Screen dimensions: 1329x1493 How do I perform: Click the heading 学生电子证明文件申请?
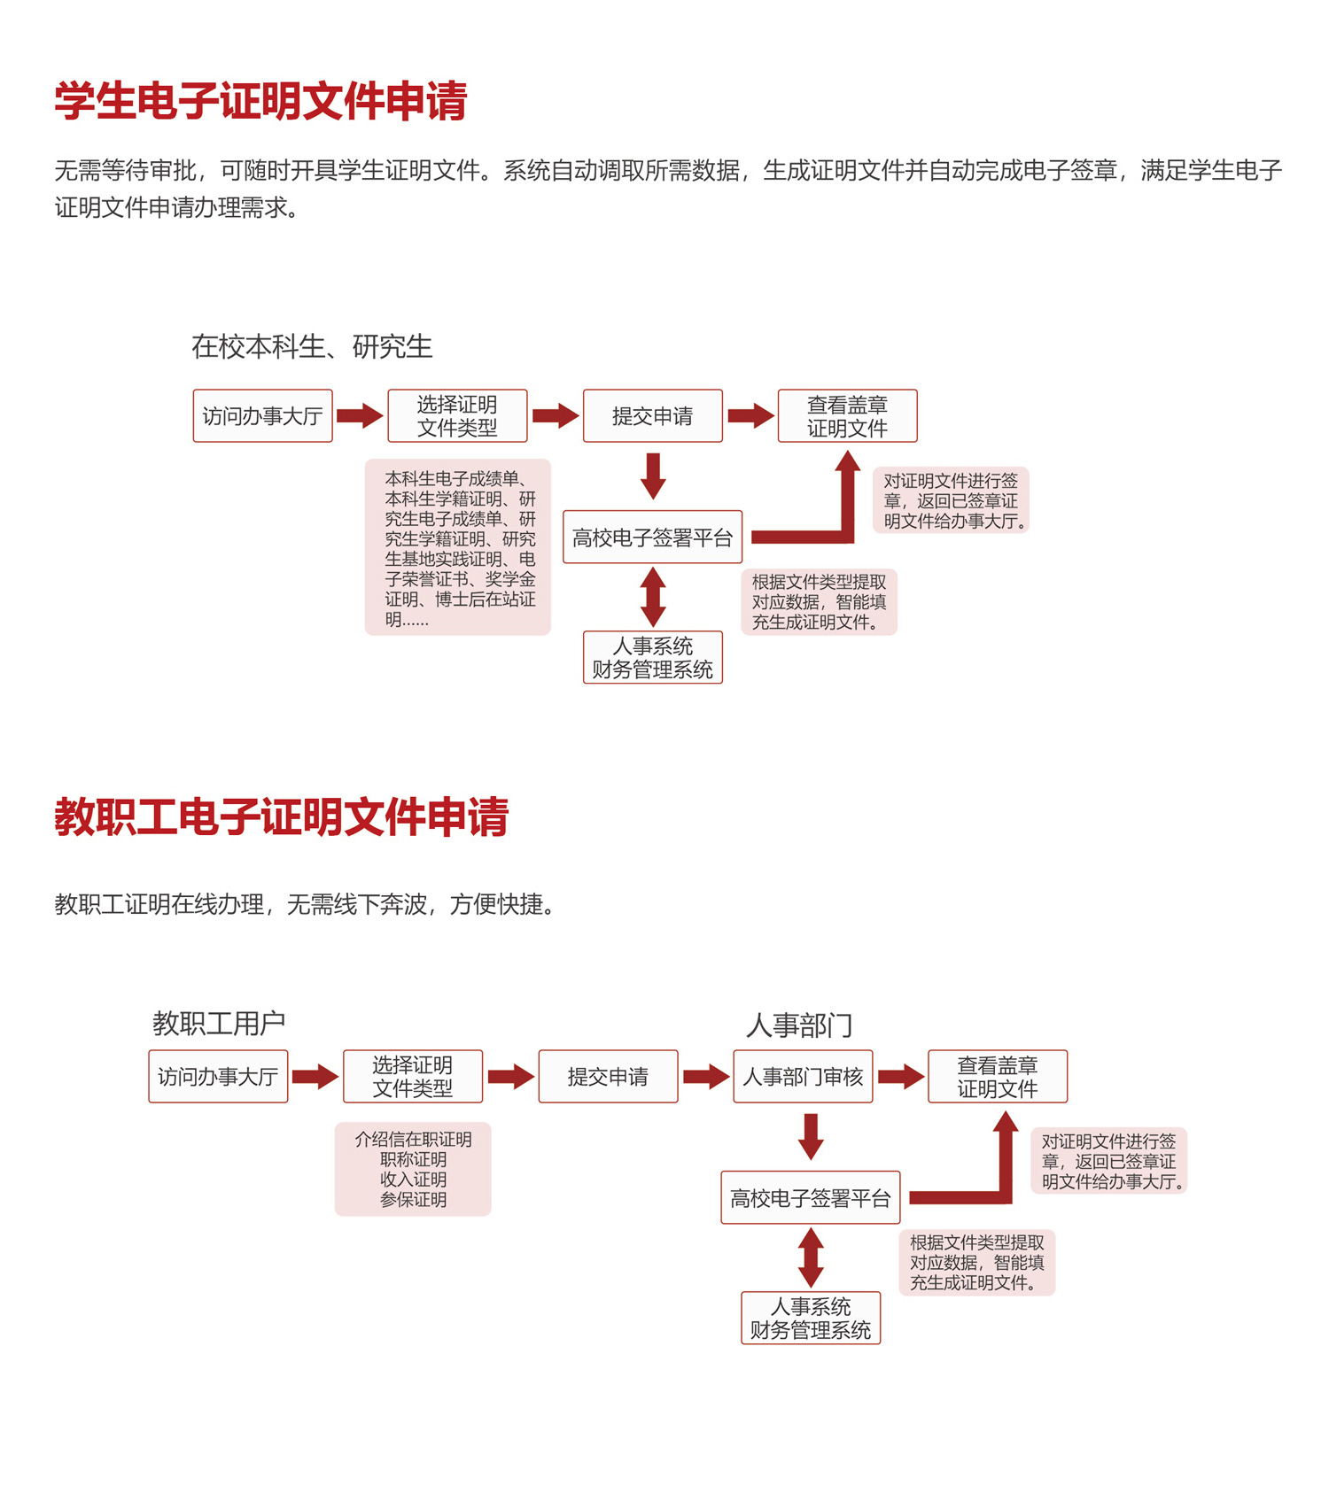click(260, 101)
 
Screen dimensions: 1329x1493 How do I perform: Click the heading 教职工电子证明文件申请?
click(282, 816)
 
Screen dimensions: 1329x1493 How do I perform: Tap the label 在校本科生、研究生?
click(312, 346)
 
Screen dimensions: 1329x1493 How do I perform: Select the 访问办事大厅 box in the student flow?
click(263, 415)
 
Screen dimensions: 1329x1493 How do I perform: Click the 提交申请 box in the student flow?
click(653, 415)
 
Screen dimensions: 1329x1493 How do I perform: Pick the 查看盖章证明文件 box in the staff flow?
click(998, 1076)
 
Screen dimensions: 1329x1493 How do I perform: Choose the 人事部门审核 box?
click(803, 1076)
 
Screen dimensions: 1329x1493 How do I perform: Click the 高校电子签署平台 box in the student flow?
click(653, 537)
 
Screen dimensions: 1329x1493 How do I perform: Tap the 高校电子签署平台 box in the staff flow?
click(811, 1197)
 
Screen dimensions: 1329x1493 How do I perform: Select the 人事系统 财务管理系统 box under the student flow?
click(653, 657)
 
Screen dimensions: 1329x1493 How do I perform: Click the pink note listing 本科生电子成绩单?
click(458, 547)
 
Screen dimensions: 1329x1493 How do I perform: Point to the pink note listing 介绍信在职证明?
click(413, 1169)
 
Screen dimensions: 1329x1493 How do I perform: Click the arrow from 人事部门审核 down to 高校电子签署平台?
click(811, 1137)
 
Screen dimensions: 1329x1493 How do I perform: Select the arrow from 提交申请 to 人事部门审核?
click(706, 1076)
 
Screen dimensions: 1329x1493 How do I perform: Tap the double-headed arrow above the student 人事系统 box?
click(653, 597)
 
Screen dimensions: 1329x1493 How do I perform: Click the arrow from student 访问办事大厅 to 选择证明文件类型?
click(361, 415)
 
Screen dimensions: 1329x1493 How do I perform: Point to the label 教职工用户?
click(219, 1023)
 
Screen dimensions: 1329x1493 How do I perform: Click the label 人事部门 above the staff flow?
click(799, 1025)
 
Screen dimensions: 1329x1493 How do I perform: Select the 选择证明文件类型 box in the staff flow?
click(413, 1076)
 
